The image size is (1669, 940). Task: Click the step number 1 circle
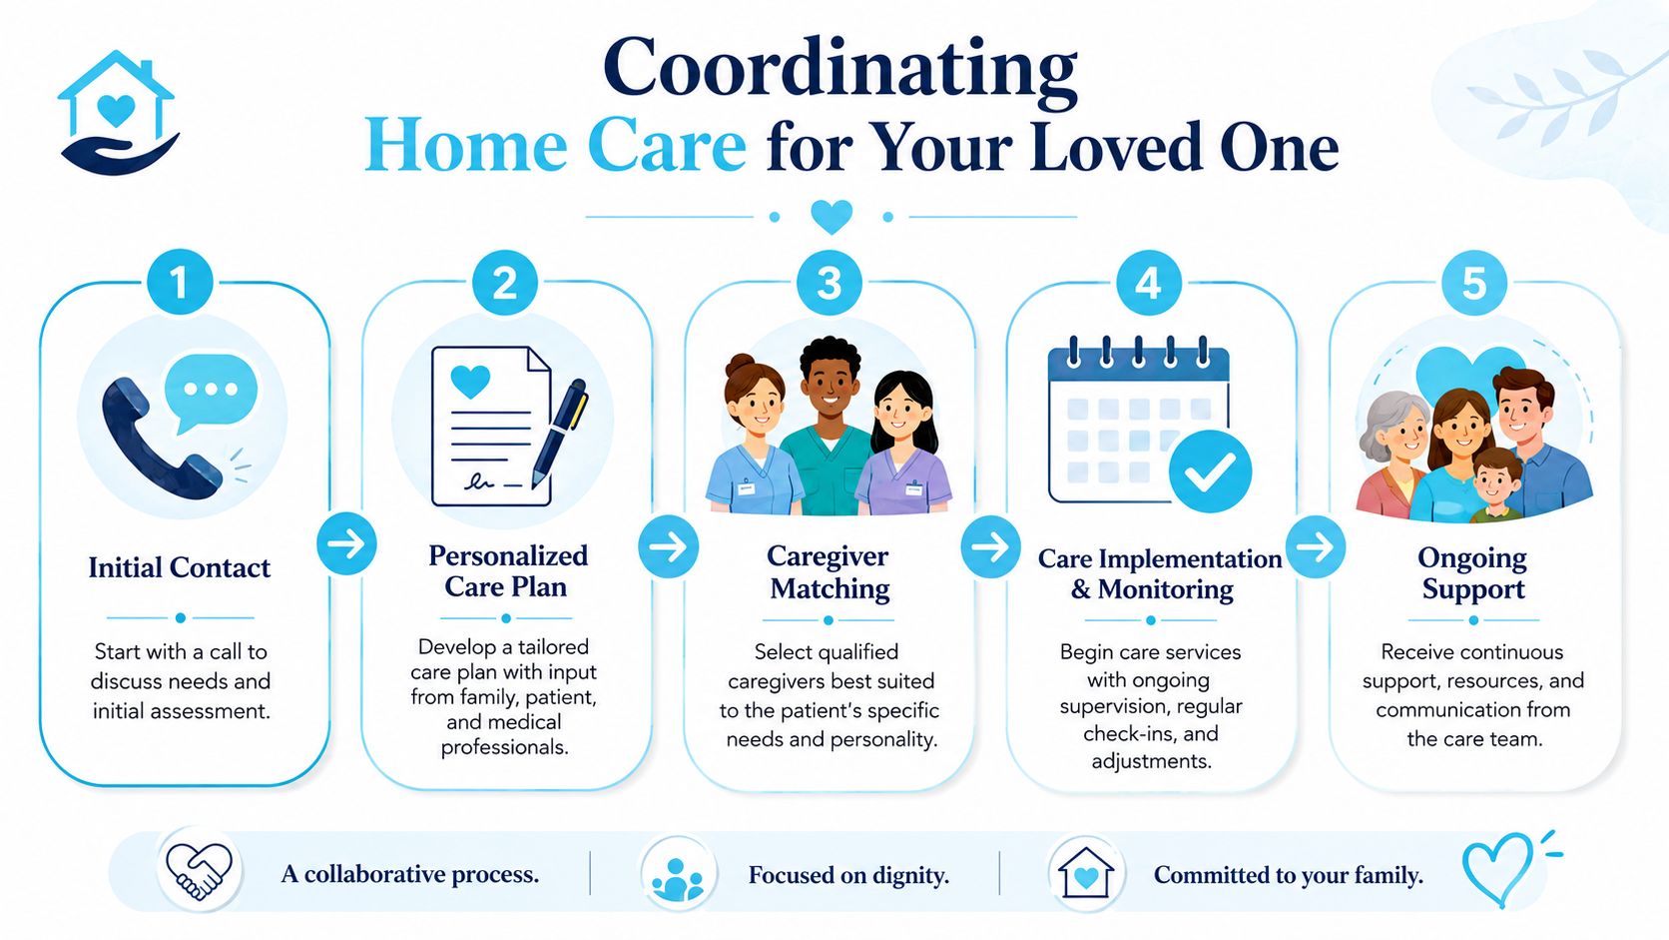click(x=180, y=282)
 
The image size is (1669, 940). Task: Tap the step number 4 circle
click(x=1148, y=283)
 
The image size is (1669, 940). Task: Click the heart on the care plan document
click(x=470, y=381)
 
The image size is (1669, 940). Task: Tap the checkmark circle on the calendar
click(x=1210, y=471)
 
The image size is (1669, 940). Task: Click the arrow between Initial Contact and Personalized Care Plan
click(x=346, y=543)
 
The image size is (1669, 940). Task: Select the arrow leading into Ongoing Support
click(x=1315, y=546)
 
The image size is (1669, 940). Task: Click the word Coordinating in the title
click(x=839, y=68)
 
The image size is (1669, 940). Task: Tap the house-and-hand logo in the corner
click(x=119, y=113)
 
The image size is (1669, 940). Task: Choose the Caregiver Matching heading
click(x=829, y=571)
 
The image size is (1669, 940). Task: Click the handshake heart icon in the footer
click(x=199, y=871)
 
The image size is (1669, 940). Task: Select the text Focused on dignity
click(x=848, y=874)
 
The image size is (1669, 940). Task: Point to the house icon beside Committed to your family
click(x=1086, y=873)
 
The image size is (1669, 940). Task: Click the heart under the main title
click(x=832, y=216)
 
